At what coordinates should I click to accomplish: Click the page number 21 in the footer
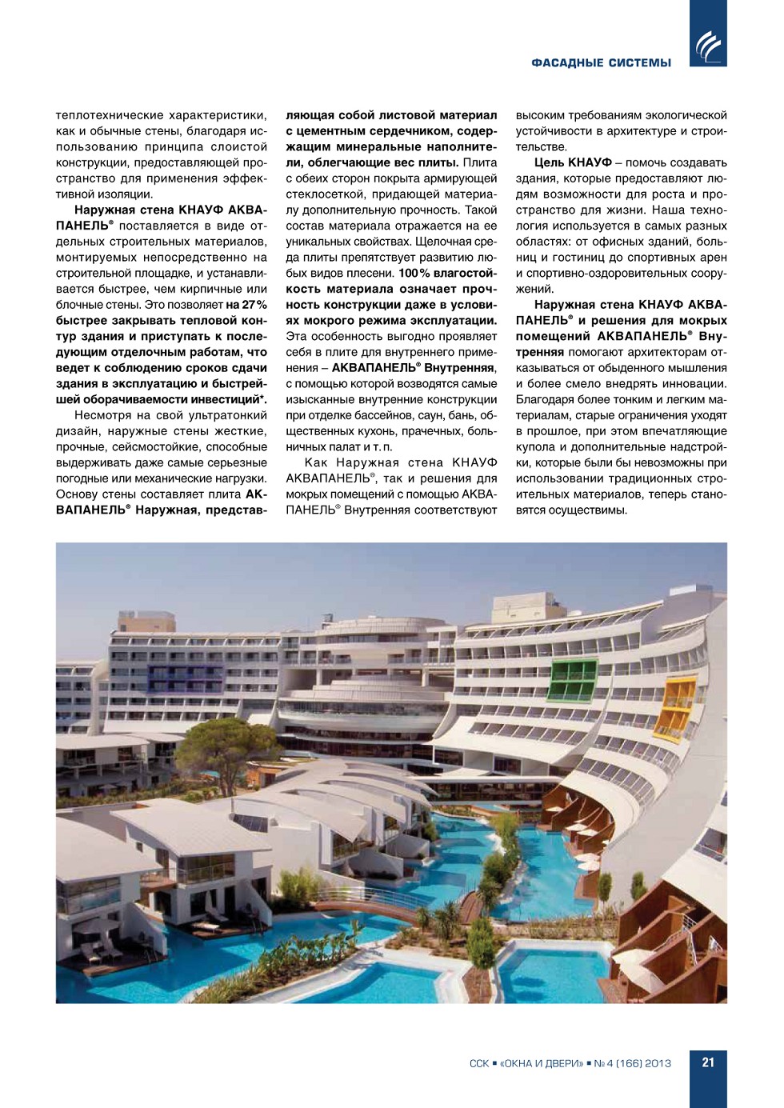[708, 1062]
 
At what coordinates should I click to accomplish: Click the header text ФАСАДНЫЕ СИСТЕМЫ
[601, 63]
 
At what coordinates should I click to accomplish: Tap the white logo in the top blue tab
[708, 46]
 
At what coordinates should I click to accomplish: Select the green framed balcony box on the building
[574, 680]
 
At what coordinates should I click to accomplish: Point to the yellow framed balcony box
[676, 707]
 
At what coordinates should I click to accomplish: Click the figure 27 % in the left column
[254, 305]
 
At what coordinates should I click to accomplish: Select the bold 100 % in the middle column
[414, 274]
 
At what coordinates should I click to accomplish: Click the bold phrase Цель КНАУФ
[573, 162]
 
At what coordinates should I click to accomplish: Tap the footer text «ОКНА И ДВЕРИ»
[542, 1063]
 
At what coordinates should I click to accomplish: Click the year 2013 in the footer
[658, 1063]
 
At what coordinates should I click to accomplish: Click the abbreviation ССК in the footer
[479, 1063]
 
